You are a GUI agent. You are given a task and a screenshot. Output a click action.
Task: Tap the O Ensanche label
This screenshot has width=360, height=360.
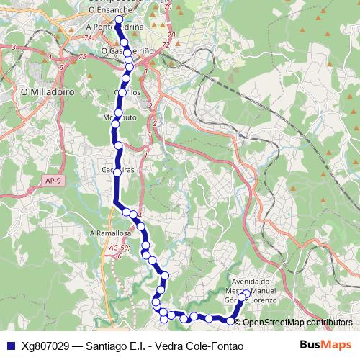[109, 12]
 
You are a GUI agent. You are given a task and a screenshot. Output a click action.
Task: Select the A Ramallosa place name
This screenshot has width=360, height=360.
[110, 233]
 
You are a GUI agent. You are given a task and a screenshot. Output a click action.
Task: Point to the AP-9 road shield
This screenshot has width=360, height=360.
[50, 181]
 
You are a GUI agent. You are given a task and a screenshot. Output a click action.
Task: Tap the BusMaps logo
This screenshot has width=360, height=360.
[325, 345]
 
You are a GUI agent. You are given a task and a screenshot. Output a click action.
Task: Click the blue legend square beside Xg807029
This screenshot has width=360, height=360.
[10, 346]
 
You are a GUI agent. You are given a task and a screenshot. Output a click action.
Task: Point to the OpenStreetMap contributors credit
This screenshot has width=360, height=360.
[298, 322]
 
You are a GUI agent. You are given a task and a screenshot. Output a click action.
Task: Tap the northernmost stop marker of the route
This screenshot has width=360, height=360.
[119, 20]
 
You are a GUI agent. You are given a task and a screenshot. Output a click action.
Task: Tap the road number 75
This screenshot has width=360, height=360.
[82, 57]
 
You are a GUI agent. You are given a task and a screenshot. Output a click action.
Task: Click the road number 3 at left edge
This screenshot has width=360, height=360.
[14, 47]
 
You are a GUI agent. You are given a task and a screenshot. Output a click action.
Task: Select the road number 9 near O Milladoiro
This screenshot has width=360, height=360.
[62, 67]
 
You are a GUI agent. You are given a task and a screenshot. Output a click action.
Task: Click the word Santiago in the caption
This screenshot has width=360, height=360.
[109, 346]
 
